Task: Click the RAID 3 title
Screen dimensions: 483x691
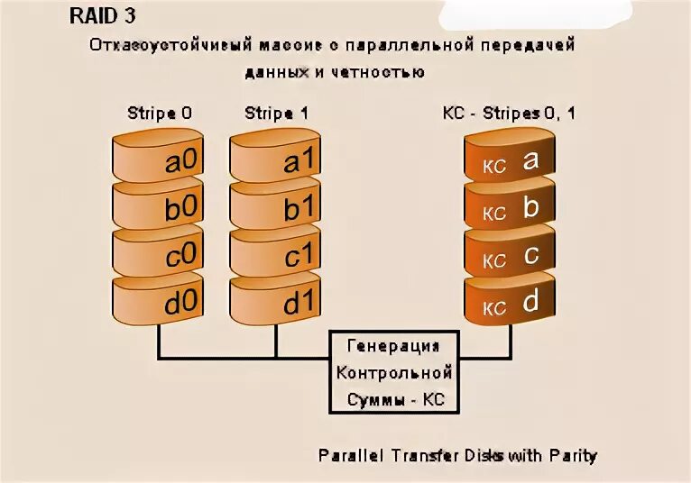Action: [x=103, y=17]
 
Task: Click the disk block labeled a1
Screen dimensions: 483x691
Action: [x=276, y=160]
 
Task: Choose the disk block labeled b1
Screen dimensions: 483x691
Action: [x=276, y=207]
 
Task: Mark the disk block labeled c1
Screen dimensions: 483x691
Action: [x=276, y=254]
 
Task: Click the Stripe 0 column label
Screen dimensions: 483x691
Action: [x=160, y=114]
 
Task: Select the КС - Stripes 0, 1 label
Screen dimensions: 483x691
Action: [x=511, y=114]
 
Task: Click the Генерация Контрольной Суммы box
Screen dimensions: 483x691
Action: [x=393, y=371]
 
